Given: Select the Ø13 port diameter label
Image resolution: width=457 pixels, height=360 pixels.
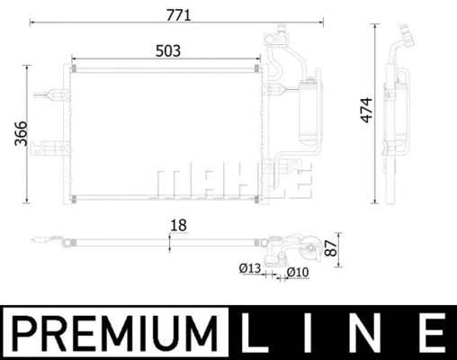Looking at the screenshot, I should pos(248,268).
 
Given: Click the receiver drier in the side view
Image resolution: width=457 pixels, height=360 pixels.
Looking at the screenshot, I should pos(393,112).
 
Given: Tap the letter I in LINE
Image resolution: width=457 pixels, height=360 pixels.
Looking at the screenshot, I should pos(316,332).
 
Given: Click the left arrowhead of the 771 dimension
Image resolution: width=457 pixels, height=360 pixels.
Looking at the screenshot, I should pos(31,25).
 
